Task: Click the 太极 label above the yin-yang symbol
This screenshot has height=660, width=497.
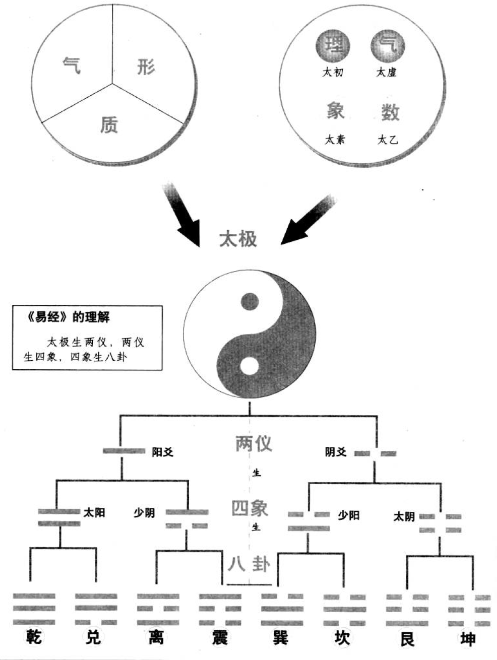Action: pyautogui.click(x=238, y=239)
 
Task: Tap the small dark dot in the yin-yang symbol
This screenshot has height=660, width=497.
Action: pyautogui.click(x=249, y=301)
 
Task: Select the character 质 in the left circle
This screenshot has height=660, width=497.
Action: pyautogui.click(x=109, y=124)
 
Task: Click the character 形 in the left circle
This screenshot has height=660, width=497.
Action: pyautogui.click(x=146, y=67)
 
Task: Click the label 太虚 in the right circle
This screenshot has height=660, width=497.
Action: pyautogui.click(x=387, y=73)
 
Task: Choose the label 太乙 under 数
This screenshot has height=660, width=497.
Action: pyautogui.click(x=388, y=140)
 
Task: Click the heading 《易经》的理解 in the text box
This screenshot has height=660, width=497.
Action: pyautogui.click(x=66, y=318)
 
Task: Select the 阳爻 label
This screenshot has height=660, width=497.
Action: pyautogui.click(x=163, y=452)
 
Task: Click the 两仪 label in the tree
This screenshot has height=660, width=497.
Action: pyautogui.click(x=254, y=443)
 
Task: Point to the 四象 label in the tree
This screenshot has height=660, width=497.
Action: pyautogui.click(x=250, y=508)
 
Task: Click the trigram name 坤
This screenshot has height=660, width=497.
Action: pyautogui.click(x=468, y=639)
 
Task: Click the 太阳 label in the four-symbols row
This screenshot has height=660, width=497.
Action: pyautogui.click(x=94, y=513)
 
